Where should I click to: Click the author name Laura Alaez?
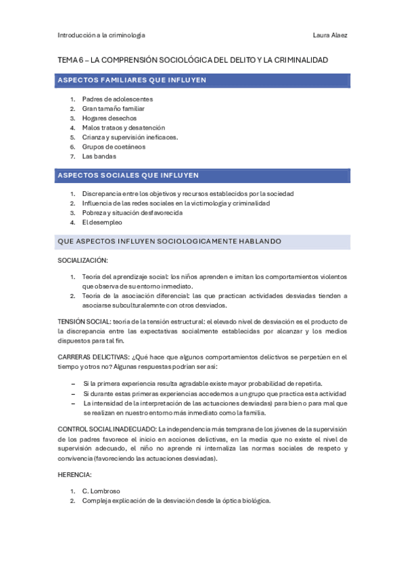click(x=331, y=35)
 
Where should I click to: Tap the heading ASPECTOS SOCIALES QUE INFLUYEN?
click(x=128, y=175)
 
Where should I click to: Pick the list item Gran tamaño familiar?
click(x=114, y=109)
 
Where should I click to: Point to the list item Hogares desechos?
click(x=109, y=118)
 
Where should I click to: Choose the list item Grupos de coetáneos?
click(x=114, y=147)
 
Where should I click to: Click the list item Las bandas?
click(x=99, y=156)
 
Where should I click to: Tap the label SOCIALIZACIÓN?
click(x=82, y=260)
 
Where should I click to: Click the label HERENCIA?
click(x=74, y=475)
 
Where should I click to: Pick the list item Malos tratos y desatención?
click(x=124, y=128)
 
